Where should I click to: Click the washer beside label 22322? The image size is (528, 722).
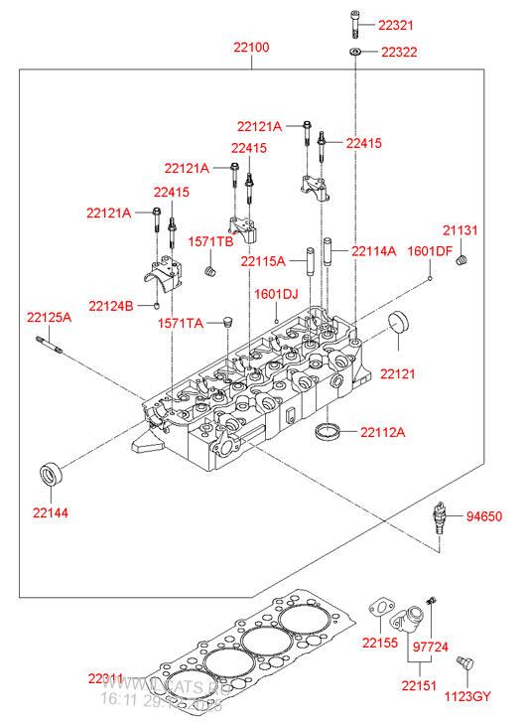point(355,51)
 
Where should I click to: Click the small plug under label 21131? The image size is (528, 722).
point(462,260)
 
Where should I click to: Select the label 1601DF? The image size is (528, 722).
point(430,251)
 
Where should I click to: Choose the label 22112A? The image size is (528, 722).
point(382,432)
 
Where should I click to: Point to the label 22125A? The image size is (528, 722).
point(49,317)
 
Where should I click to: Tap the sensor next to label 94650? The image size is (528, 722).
point(437,519)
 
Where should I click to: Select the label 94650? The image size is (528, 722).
point(485,516)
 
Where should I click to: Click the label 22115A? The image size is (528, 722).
point(263,260)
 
